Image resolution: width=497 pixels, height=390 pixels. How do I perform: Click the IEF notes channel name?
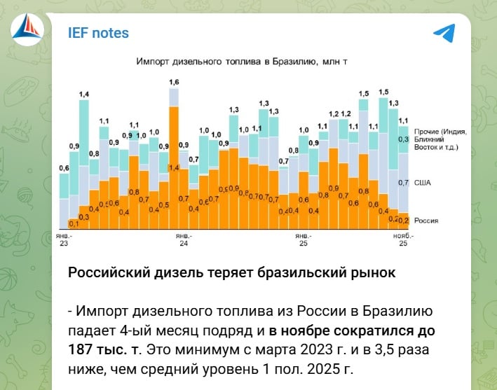(x=98, y=33)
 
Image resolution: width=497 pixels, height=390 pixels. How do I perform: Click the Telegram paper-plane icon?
(x=443, y=33)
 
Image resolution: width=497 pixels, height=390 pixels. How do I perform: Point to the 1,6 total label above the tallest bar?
(x=174, y=83)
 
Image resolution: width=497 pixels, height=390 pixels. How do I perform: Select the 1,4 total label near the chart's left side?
(x=84, y=95)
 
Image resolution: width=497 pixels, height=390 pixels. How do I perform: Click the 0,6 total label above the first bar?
(x=64, y=168)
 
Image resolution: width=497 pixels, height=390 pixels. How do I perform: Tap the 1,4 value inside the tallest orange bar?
(x=174, y=168)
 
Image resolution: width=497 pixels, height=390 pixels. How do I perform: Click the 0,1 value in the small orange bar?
(x=74, y=223)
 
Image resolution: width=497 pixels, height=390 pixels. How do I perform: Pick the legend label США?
(x=423, y=183)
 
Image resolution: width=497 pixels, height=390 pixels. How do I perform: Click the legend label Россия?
(x=426, y=221)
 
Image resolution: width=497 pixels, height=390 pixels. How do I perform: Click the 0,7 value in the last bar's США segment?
(x=403, y=183)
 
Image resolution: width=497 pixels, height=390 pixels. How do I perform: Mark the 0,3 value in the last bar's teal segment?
(x=403, y=139)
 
